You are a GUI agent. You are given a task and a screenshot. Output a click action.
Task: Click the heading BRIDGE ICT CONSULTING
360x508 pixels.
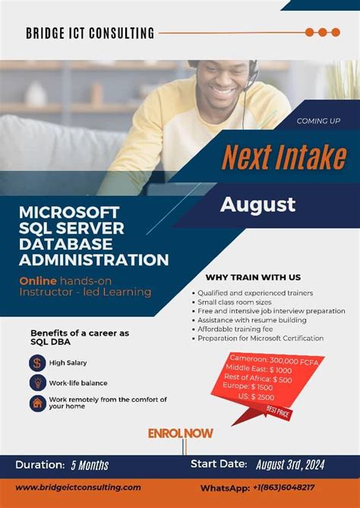[x=90, y=33]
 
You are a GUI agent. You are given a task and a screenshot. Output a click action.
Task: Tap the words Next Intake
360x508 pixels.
[x=283, y=157]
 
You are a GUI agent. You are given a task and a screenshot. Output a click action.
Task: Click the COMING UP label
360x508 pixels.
[x=318, y=121]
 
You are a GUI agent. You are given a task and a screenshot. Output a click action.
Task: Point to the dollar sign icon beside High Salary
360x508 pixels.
[x=36, y=363]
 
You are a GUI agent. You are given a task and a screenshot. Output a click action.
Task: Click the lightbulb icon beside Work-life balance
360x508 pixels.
[x=36, y=383]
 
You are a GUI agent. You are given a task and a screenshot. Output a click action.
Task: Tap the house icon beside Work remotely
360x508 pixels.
[x=36, y=402]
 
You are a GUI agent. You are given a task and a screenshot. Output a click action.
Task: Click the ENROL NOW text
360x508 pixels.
[x=180, y=434]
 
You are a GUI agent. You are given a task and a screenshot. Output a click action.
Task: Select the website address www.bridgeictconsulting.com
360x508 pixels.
[x=78, y=487]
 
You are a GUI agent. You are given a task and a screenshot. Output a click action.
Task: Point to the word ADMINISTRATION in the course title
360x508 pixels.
[x=93, y=260]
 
